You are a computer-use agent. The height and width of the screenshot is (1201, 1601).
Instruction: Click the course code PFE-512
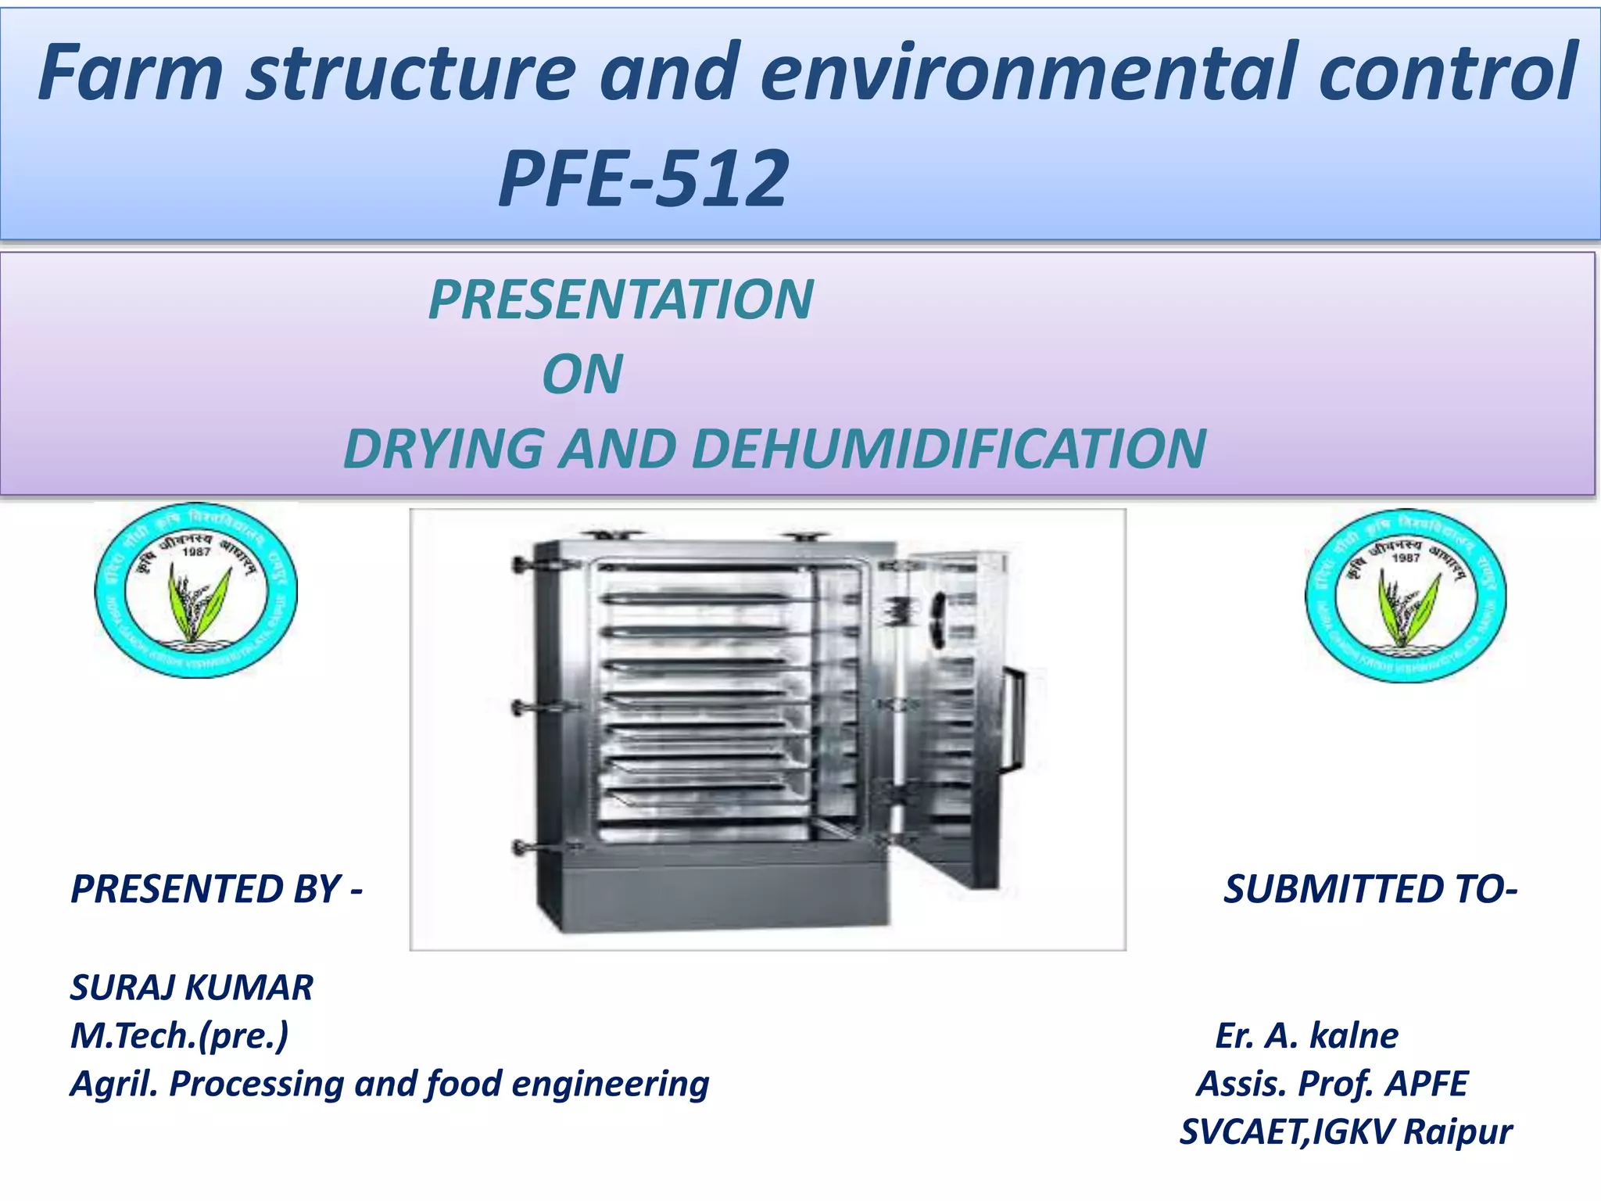(643, 180)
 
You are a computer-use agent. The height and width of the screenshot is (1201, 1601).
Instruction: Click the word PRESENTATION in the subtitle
(621, 299)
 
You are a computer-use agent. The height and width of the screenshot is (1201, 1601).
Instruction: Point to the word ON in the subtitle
(582, 374)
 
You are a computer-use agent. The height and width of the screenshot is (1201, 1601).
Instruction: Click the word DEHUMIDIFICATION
(948, 449)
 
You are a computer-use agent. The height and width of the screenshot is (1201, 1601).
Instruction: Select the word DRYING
(443, 449)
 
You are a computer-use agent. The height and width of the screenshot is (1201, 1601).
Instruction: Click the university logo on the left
(196, 591)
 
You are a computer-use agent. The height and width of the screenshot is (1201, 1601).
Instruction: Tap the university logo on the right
(1406, 596)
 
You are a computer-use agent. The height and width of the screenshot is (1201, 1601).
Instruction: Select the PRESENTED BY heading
(216, 889)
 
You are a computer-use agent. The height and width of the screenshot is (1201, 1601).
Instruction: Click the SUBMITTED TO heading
(1370, 889)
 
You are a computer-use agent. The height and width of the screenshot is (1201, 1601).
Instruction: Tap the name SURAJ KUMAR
(192, 988)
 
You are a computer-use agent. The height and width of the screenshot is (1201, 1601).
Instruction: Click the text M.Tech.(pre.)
(179, 1035)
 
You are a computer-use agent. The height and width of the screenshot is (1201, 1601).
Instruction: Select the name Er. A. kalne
(1306, 1035)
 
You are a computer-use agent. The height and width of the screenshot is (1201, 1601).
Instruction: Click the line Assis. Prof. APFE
(1331, 1084)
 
